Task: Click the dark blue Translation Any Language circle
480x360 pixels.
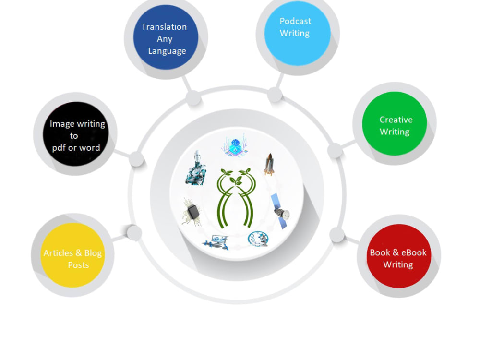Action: [x=166, y=37]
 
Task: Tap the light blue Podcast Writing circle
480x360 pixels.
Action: [x=298, y=33]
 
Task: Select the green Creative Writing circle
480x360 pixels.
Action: [x=395, y=123]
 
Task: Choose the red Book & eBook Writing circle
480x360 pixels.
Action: [x=399, y=256]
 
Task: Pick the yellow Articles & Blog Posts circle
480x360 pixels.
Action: [x=72, y=255]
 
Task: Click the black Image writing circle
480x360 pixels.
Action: [x=76, y=134]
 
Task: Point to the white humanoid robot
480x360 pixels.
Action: [x=196, y=168]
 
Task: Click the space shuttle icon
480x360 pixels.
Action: [x=269, y=164]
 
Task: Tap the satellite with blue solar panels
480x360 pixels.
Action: [x=280, y=211]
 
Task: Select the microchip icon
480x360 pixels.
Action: [x=192, y=212]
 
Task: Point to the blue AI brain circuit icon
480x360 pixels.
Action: [x=235, y=146]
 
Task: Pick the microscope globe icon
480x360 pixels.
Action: [x=258, y=239]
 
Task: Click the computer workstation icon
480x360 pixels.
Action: [x=215, y=242]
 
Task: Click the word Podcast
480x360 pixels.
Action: [x=295, y=21]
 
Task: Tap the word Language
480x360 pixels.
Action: [x=167, y=51]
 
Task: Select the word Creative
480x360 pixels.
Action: [x=396, y=120]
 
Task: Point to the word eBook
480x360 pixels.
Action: [x=414, y=252]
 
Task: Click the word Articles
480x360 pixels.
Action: [x=58, y=253]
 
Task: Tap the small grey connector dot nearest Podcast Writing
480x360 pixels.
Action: [x=275, y=95]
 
